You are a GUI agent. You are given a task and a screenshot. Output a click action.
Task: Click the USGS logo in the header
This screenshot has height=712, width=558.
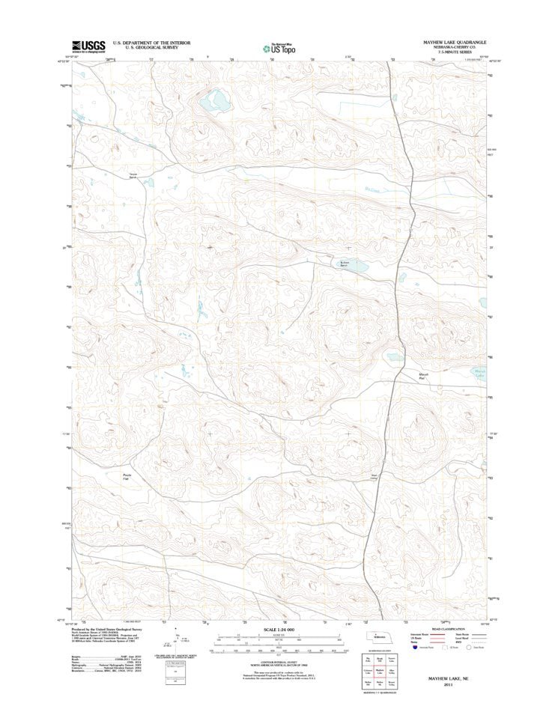pos(88,46)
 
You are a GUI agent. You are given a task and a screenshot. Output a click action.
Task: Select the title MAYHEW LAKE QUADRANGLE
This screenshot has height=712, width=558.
pos(448,42)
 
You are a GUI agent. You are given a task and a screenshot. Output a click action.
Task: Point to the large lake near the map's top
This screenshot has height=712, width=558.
pos(217,100)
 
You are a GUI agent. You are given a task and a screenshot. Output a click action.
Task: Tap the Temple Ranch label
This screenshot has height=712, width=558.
pos(133,176)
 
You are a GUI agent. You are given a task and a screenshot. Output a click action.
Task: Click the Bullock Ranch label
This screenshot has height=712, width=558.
pos(344,264)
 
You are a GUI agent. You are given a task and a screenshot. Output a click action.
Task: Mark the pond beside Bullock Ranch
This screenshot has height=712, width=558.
pos(357,266)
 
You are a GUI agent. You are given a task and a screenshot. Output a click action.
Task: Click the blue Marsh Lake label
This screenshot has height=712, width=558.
pos(480,374)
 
